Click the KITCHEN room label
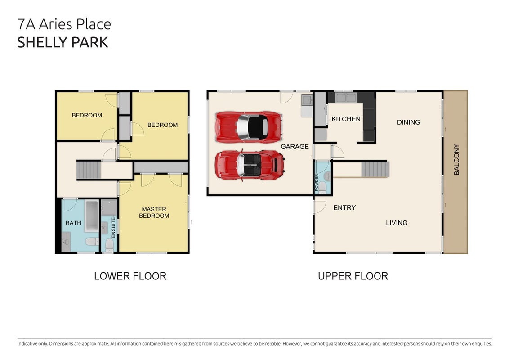pos(346,119)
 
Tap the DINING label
pos(408,122)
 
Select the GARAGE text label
pos(295,147)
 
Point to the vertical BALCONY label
pos(456,160)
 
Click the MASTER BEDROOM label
pos(154,212)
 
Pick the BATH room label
pos(73,223)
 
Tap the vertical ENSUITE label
pos(113,227)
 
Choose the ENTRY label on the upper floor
pos(344,207)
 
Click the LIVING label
pos(397,223)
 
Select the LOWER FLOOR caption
pos(130,276)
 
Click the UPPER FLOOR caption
pos(353,276)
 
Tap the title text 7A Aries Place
pos(64,24)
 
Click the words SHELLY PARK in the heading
pos(63,43)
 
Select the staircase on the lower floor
pos(89,170)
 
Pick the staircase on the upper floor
pos(375,169)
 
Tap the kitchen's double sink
pos(346,98)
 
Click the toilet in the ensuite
pos(109,246)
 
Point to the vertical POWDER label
pos(317,183)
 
